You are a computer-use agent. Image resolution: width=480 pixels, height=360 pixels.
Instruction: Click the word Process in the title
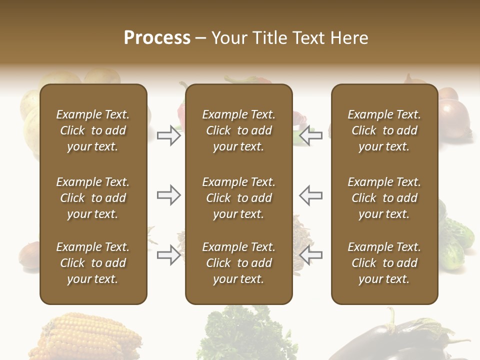(157, 37)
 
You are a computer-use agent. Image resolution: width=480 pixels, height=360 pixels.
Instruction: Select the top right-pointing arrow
(168, 135)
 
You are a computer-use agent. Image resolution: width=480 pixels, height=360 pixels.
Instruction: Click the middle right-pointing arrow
(168, 195)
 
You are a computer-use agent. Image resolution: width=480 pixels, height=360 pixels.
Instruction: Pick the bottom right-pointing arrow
(168, 255)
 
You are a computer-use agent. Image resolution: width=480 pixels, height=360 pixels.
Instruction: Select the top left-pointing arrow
(310, 135)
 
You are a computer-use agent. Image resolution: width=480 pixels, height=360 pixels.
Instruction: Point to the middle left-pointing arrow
(310, 195)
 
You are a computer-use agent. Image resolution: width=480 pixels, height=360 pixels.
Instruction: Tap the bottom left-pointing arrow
(310, 255)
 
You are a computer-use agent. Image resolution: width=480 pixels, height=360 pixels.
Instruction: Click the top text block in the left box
(93, 130)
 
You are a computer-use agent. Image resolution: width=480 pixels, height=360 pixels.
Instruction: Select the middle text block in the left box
(93, 198)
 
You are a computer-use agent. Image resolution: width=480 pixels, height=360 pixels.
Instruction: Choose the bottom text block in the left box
(93, 263)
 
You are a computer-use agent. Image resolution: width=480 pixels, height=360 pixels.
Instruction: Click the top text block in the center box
(238, 130)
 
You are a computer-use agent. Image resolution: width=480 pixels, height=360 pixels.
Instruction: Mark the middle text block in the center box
(238, 198)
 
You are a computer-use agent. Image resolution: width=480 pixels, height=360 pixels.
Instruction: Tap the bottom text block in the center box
(238, 263)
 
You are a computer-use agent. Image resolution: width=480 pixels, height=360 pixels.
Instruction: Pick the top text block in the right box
(384, 130)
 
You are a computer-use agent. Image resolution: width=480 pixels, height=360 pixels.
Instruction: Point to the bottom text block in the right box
(384, 263)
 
